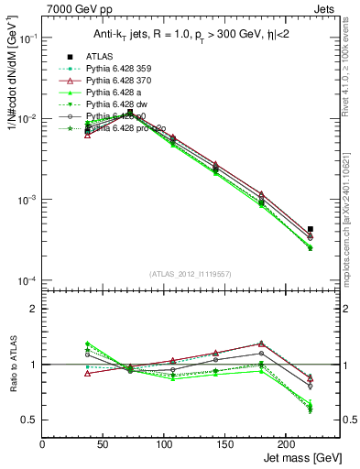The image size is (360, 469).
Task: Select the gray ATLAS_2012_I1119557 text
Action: click(189, 273)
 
